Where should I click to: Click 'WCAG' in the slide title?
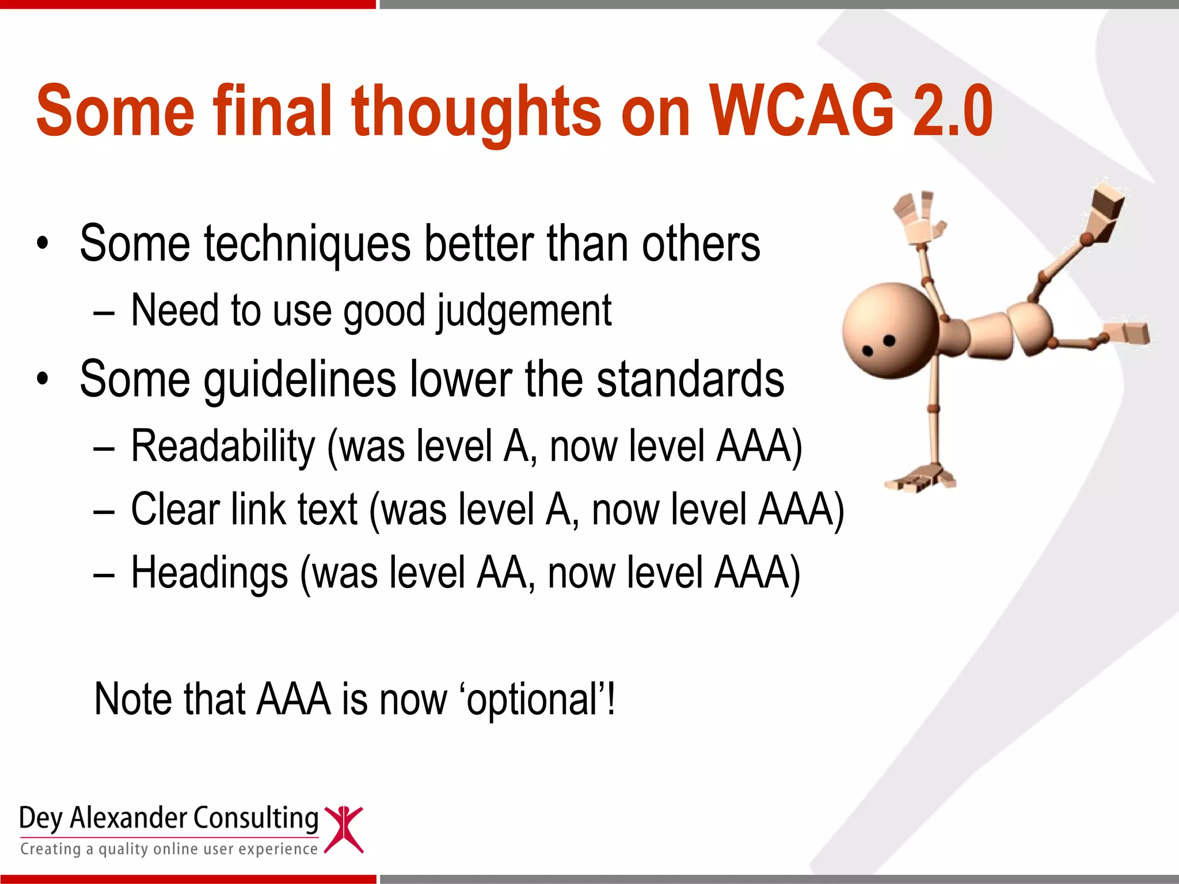tap(802, 110)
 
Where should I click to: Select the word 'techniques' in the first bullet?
tap(307, 244)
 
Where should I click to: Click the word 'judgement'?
tap(524, 311)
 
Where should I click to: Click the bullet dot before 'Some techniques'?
tap(42, 244)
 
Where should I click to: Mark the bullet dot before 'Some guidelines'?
tap(42, 380)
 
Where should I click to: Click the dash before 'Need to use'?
tap(104, 313)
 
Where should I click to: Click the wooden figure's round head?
tap(890, 330)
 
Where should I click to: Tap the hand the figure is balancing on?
tap(919, 479)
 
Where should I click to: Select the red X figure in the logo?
tap(344, 829)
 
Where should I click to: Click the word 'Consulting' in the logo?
tap(255, 818)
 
